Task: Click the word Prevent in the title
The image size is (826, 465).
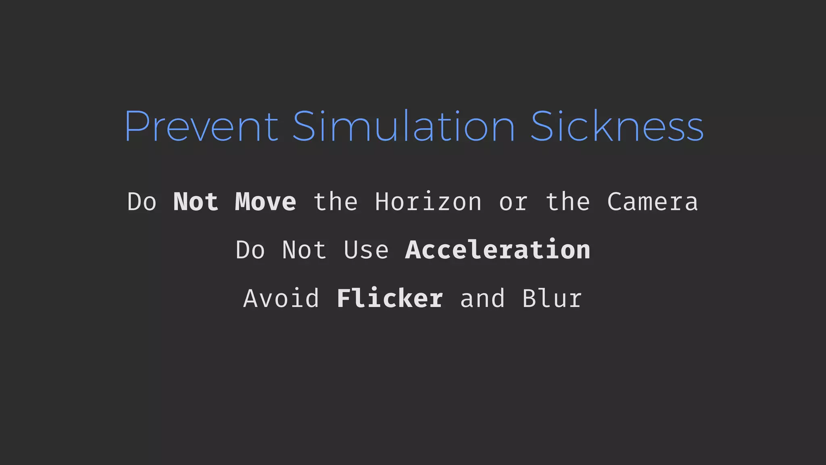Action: coord(201,126)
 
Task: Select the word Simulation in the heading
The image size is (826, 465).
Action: coord(404,126)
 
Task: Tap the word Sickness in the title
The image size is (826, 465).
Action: coord(617,126)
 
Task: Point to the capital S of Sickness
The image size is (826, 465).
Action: coord(543,126)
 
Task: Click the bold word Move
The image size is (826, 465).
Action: coord(265,202)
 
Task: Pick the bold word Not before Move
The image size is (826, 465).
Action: coord(196,202)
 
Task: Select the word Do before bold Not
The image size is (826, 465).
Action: coord(142,202)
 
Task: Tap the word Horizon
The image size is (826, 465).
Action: coord(428,202)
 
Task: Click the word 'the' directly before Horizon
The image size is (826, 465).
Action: coord(336,202)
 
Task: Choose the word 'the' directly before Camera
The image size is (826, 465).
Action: coord(568,202)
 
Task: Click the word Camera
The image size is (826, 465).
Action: coord(653,202)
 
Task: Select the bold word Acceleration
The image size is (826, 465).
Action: coord(498,250)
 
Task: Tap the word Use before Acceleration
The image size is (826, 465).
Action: coord(366,250)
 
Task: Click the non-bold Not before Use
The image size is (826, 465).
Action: coord(305,250)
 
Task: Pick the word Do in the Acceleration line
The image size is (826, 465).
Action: coord(250,250)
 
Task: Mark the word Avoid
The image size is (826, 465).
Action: coord(282,299)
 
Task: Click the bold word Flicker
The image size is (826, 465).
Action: coord(390,299)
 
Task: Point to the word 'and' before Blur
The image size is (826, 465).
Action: coord(482,299)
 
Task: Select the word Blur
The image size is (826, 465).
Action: coord(552,299)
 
